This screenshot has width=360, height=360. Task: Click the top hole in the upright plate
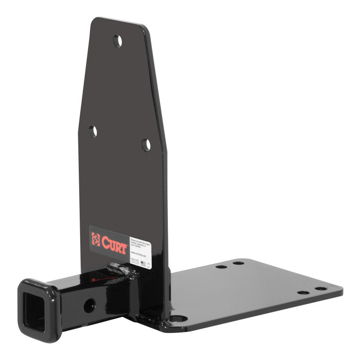point(117,41)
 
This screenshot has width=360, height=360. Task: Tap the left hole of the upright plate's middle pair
point(93,132)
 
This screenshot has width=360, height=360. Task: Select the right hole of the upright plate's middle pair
point(146,144)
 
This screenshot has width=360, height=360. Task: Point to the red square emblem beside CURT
point(95,239)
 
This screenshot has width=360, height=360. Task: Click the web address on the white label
point(139,253)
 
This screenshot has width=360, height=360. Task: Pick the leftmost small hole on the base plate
point(221,266)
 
